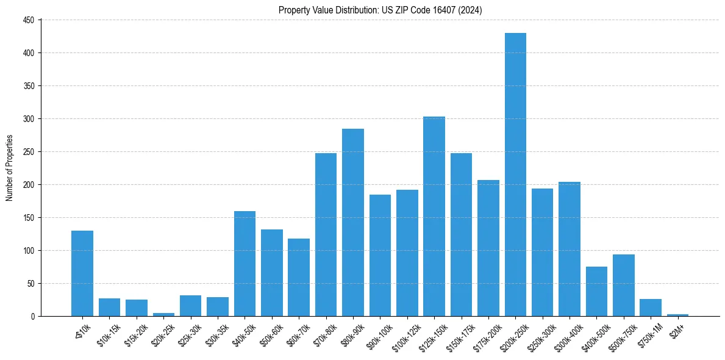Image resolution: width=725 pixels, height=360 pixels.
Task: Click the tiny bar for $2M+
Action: (677, 315)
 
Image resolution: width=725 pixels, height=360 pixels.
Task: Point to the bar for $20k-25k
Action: (163, 314)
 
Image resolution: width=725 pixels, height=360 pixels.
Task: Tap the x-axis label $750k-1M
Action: (649, 334)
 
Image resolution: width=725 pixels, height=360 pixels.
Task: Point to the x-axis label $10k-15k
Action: (109, 333)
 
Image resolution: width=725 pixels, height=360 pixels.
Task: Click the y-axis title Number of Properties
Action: (9, 168)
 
